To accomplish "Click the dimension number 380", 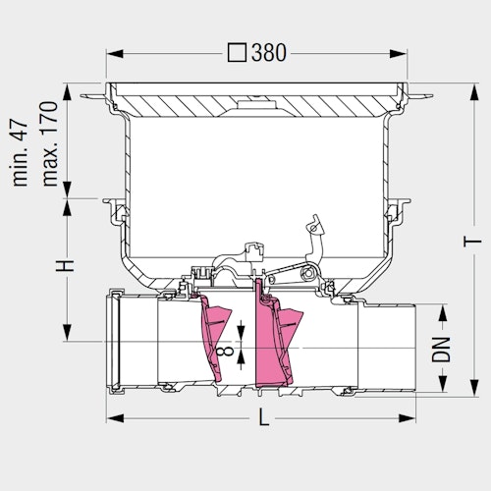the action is click(269, 53).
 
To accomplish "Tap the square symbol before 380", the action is click(237, 53).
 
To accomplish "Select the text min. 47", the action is click(21, 153).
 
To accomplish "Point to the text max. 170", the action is click(50, 144).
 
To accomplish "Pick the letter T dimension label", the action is click(472, 242).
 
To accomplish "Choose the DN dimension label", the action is click(441, 350).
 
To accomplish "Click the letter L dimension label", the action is click(263, 417).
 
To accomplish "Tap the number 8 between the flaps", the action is click(225, 352).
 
